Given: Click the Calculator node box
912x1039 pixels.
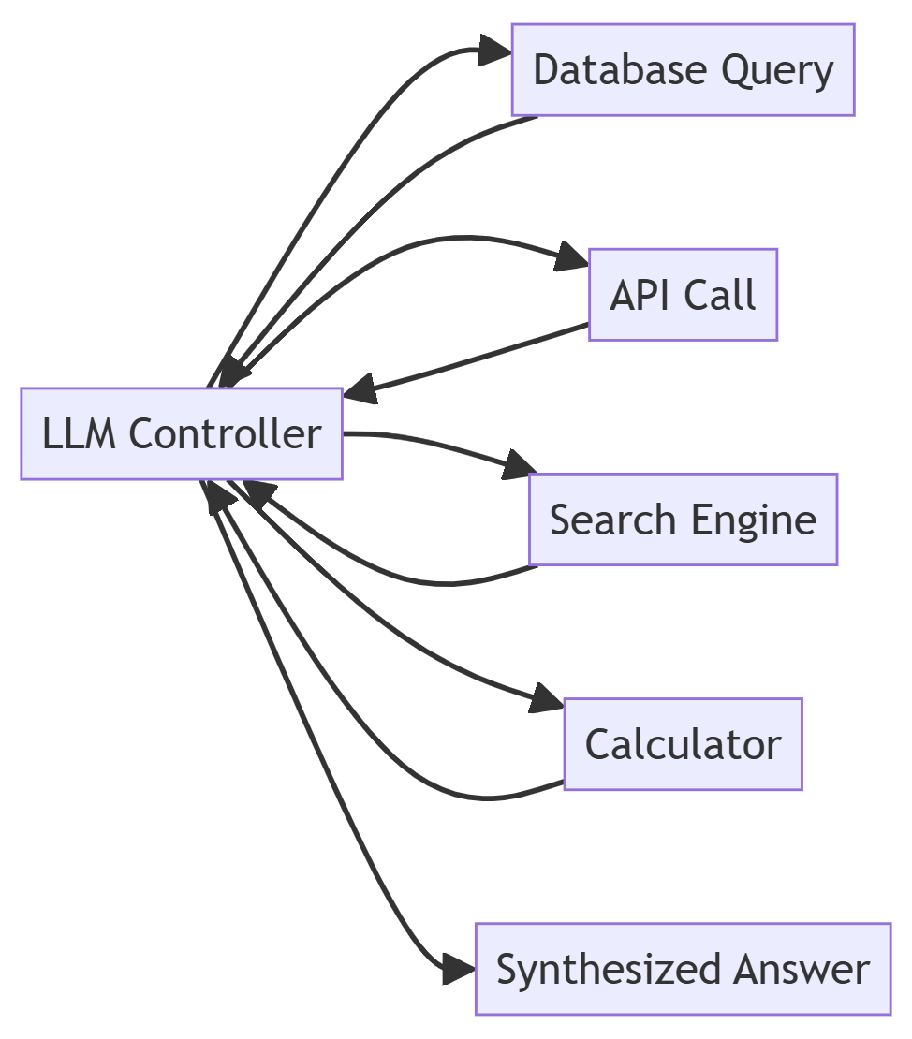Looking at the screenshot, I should (x=683, y=744).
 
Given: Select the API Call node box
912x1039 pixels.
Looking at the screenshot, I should (x=683, y=295).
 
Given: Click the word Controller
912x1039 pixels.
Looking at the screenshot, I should (x=225, y=434).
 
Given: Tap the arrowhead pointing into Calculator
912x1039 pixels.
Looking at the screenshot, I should (x=548, y=699).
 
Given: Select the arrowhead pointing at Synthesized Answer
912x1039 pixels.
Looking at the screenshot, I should (x=459, y=969).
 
